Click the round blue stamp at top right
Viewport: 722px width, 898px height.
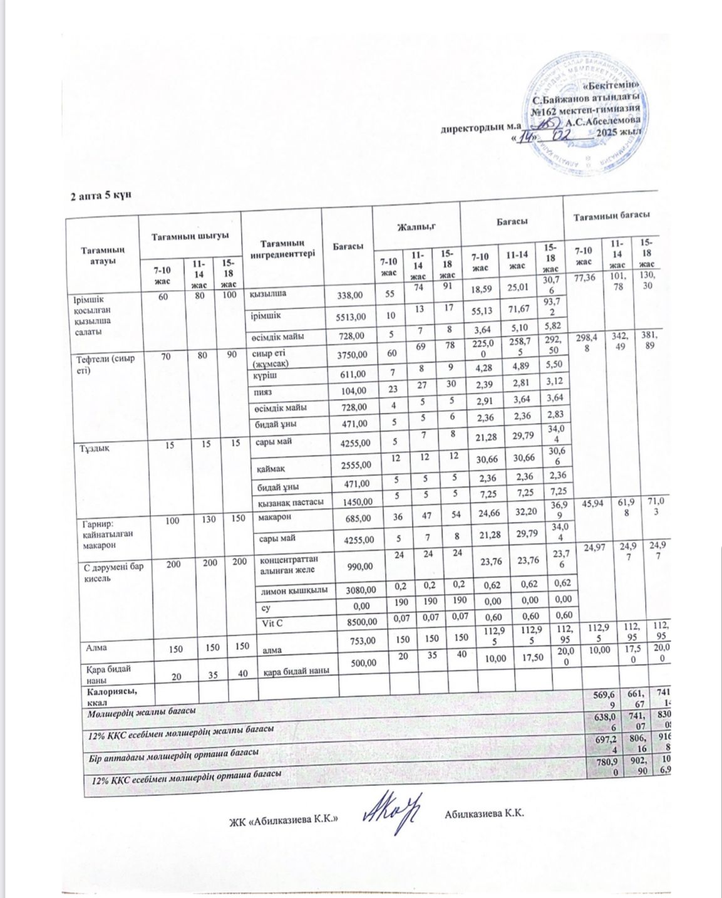[x=585, y=116]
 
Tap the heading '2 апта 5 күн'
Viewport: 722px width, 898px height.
[x=101, y=196]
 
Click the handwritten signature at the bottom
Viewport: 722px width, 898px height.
[x=394, y=812]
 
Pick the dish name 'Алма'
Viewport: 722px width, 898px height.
[x=95, y=645]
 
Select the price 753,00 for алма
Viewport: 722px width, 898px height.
[x=358, y=640]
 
